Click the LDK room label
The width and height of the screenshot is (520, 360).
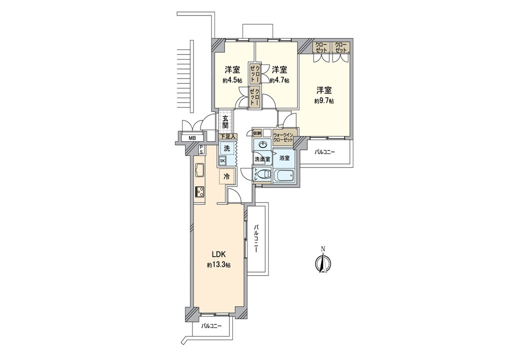pos(219,254)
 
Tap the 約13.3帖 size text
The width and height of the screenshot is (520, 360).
pos(219,265)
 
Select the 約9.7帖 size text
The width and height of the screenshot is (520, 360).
pos(324,101)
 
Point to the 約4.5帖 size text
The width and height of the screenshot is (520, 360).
pos(232,80)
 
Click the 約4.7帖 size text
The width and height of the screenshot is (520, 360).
pos(279,80)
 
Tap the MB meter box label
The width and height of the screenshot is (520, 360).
pos(192,138)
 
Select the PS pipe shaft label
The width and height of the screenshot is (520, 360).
pos(201,150)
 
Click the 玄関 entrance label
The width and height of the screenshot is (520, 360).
pos(225,121)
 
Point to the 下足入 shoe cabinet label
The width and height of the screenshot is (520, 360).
pos(228,136)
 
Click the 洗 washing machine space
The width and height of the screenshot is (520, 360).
pos(227,148)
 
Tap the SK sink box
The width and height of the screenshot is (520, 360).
pos(222,161)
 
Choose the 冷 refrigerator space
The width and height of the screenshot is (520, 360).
pos(227,176)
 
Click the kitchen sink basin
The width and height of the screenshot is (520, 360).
pos(200,171)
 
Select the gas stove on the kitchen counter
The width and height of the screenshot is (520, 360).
pos(199,191)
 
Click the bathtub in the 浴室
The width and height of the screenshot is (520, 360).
pos(284,175)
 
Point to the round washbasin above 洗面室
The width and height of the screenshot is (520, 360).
pos(263,144)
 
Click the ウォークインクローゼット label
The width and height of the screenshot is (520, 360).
pos(283,137)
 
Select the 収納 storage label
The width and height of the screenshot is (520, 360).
pos(257,133)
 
